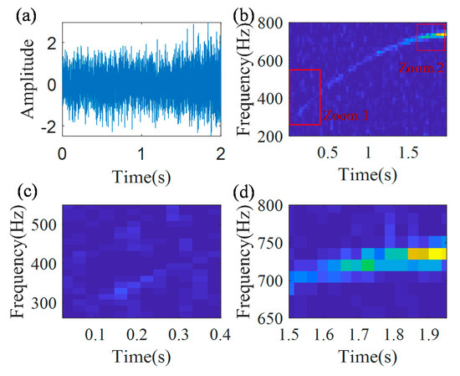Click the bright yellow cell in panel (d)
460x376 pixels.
[438, 253]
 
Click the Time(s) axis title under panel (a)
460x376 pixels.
[141, 177]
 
